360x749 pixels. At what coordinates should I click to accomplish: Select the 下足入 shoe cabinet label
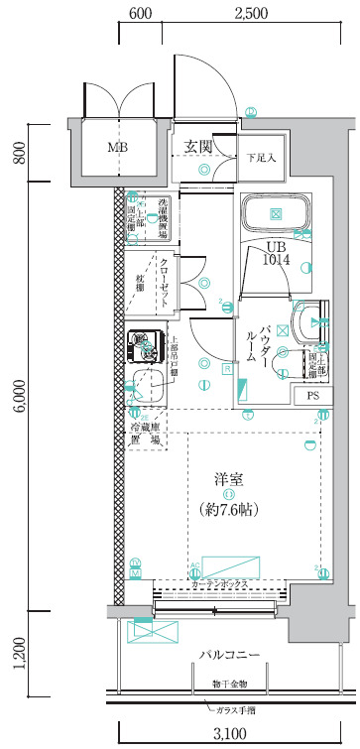261,157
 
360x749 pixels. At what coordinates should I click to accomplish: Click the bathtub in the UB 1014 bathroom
276,212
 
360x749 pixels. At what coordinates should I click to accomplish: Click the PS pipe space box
312,396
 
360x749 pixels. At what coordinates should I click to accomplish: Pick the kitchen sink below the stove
148,384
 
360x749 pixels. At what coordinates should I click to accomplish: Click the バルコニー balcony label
229,655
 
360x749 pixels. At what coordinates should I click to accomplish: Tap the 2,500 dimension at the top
251,14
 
